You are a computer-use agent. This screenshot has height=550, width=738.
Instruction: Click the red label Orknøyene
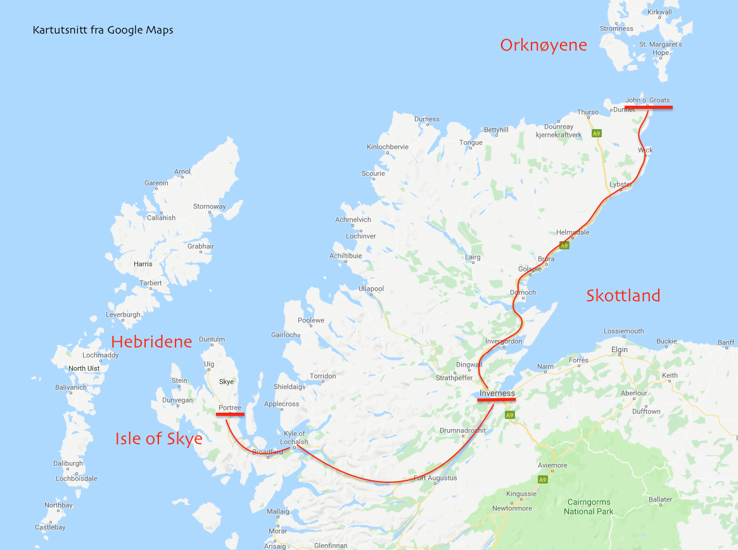544,46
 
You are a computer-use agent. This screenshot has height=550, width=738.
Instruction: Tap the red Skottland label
623,296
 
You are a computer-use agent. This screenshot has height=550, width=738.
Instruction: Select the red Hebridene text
151,342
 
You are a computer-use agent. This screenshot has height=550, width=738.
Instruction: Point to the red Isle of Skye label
159,438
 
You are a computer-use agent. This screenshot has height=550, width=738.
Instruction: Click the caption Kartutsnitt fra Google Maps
103,30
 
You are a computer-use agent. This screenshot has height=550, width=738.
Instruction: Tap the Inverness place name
497,394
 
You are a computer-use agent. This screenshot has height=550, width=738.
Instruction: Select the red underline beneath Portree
229,415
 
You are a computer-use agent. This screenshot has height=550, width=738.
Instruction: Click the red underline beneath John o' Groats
648,108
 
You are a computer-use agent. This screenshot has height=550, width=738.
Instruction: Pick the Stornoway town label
209,206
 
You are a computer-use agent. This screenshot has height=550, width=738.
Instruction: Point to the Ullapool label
371,289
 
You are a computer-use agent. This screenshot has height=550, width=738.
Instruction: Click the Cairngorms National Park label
588,506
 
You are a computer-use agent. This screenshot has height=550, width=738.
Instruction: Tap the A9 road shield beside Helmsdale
564,245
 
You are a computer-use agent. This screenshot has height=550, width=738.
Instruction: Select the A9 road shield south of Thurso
596,134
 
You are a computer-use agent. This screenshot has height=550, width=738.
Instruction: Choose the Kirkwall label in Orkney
659,12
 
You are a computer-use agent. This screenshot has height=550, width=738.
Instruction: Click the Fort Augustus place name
435,478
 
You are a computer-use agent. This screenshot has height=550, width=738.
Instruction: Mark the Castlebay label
50,527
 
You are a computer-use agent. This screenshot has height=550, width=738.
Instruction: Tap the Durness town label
426,119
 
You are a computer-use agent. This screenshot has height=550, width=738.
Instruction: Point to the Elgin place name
619,349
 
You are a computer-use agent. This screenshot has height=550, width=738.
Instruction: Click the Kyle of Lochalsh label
294,437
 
